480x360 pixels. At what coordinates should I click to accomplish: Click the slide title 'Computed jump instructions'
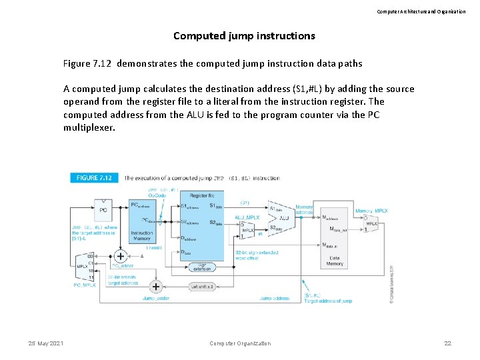(x=244, y=36)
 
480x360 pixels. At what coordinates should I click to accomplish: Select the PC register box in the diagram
(x=103, y=210)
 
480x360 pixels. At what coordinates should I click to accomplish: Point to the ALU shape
(x=281, y=217)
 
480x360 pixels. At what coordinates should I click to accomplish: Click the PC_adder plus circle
(x=121, y=256)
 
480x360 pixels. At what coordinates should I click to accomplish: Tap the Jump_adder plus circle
(x=155, y=287)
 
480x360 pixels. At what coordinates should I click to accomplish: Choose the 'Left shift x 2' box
(x=201, y=287)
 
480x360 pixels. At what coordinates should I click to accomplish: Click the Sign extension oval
(x=201, y=267)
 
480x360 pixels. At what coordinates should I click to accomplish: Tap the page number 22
(x=448, y=343)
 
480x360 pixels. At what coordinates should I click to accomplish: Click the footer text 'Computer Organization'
(x=240, y=343)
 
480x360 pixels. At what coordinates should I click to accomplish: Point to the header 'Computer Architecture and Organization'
(x=421, y=11)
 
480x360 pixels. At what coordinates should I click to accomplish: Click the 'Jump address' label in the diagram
(x=274, y=298)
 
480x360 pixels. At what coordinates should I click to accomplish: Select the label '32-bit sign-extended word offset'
(x=257, y=255)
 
